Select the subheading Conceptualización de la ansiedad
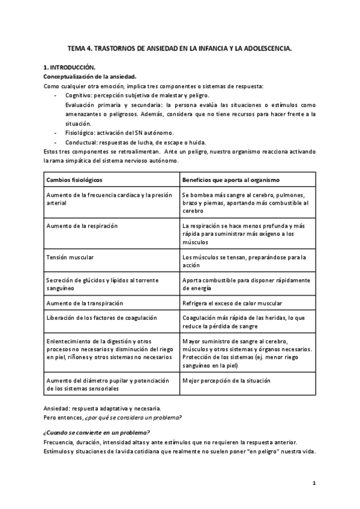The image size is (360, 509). tap(90, 76)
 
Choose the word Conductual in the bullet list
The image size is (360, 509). tap(80, 142)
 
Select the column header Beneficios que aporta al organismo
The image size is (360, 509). tap(230, 179)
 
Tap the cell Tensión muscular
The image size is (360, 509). tap(70, 257)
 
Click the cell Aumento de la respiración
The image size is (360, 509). tap(82, 226)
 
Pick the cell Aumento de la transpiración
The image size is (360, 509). tap(84, 303)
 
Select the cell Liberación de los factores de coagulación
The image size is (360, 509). tap(101, 318)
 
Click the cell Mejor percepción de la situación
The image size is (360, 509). tap(226, 381)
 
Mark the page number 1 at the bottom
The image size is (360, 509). tap(314, 483)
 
